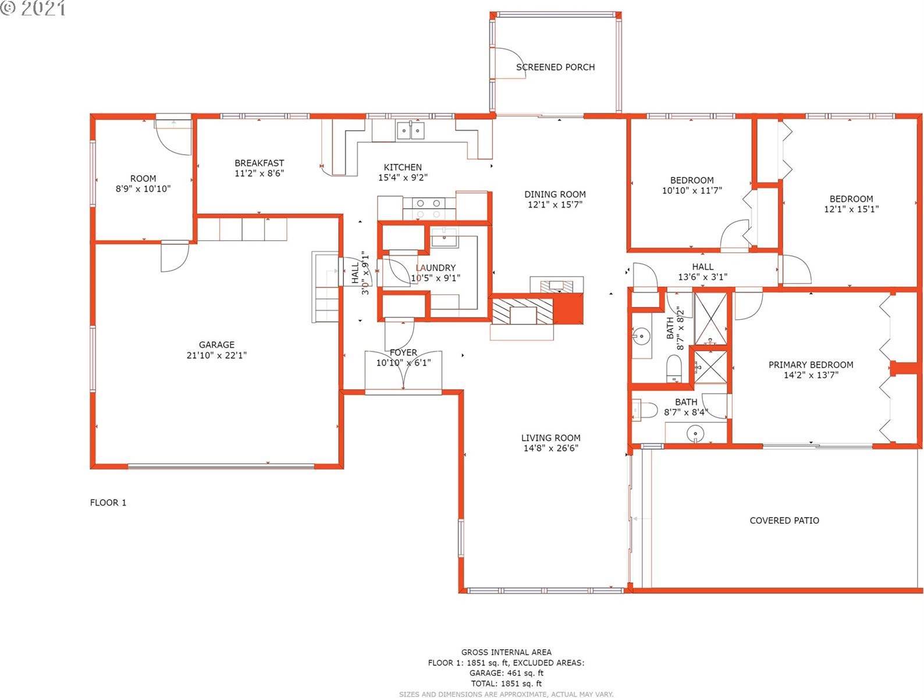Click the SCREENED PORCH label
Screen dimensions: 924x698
click(x=555, y=67)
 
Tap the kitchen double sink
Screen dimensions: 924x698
click(x=410, y=130)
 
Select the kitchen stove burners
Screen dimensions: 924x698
click(x=428, y=208)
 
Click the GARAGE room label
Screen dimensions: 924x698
click(x=217, y=344)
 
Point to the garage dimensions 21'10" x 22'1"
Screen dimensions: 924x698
click(x=217, y=355)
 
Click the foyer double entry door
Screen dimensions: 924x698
click(x=403, y=371)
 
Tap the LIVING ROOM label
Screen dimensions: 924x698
click(x=550, y=438)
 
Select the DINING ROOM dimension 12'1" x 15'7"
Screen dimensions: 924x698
click(x=555, y=205)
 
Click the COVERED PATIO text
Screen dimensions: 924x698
click(x=784, y=521)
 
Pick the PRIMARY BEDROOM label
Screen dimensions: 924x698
click(x=811, y=365)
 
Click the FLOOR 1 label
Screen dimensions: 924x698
click(x=108, y=503)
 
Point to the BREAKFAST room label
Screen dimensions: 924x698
click(x=260, y=163)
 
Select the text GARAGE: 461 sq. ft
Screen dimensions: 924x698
click(x=506, y=673)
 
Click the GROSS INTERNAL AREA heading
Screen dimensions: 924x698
click(x=506, y=652)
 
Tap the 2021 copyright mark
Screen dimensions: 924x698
click(x=33, y=8)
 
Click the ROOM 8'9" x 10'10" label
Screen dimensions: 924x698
click(x=143, y=183)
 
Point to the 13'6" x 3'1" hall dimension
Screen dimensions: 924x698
click(x=702, y=277)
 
